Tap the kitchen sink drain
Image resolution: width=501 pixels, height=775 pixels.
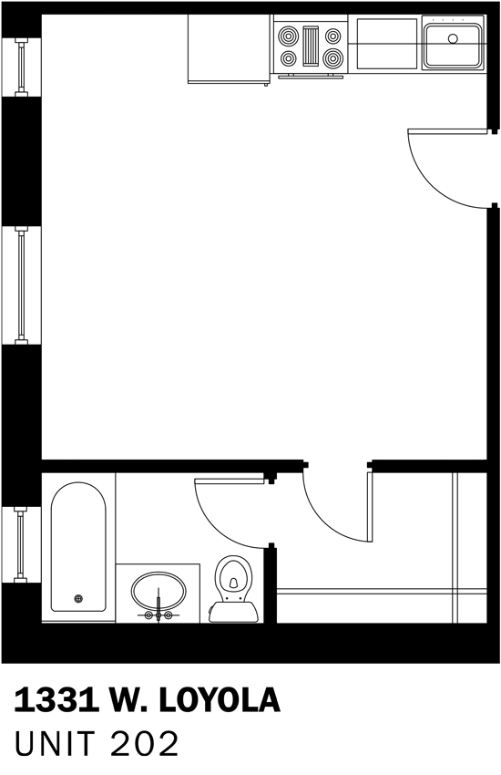(x=453, y=38)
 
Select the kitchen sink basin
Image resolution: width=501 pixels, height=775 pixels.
(x=453, y=46)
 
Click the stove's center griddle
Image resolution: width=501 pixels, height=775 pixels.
(x=311, y=46)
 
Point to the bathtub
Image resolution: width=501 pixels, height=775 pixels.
(x=78, y=547)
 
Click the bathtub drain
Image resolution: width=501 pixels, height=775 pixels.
(x=78, y=598)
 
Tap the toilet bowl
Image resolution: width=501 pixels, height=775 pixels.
(x=233, y=577)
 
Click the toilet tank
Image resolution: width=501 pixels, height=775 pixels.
(x=233, y=612)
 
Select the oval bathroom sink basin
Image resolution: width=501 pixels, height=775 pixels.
(x=158, y=591)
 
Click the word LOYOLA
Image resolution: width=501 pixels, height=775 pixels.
(x=220, y=700)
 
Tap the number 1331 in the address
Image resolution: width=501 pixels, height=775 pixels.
(x=56, y=700)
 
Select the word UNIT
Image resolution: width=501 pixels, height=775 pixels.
(x=55, y=744)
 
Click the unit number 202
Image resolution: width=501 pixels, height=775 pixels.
(x=144, y=744)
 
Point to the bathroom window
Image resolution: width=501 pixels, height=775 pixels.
(x=21, y=544)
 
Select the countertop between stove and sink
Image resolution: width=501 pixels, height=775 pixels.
(x=385, y=44)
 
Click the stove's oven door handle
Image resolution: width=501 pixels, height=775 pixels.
(x=311, y=76)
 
